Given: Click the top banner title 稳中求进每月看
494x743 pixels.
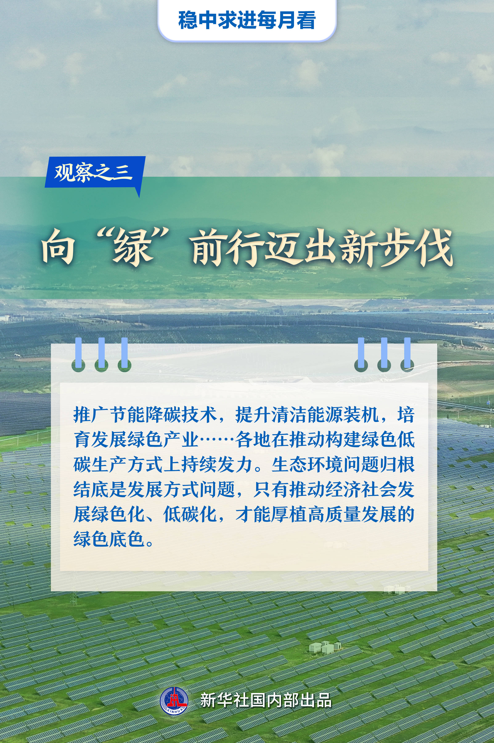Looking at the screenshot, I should click(x=247, y=20).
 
